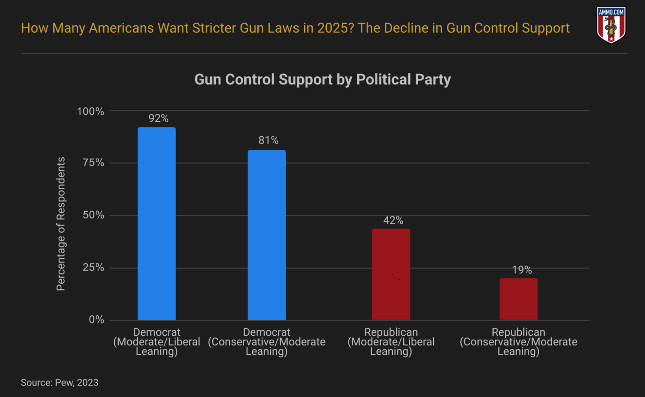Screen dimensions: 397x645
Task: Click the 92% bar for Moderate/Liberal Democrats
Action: point(157,224)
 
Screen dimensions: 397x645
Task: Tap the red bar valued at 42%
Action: point(391,274)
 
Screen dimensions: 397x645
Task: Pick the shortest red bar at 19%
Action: point(519,299)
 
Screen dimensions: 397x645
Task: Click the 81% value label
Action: point(269,141)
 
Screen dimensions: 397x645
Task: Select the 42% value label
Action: point(393,220)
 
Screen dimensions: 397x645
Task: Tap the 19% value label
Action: point(521,270)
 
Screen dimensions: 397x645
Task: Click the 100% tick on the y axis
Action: point(91,111)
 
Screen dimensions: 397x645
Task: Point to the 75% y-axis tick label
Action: point(93,163)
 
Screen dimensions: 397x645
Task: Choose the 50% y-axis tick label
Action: point(93,215)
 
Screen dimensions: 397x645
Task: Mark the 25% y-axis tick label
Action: point(93,268)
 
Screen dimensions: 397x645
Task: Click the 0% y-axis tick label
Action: point(96,320)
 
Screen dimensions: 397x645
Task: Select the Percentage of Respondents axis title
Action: point(61,224)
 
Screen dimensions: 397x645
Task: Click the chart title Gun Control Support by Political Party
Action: point(322,79)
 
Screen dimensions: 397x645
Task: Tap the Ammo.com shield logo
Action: point(611,25)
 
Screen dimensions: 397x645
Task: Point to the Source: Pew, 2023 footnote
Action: point(59,382)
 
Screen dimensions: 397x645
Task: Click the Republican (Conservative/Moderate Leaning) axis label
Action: point(519,342)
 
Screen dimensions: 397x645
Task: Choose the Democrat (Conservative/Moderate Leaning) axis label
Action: point(267,342)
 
